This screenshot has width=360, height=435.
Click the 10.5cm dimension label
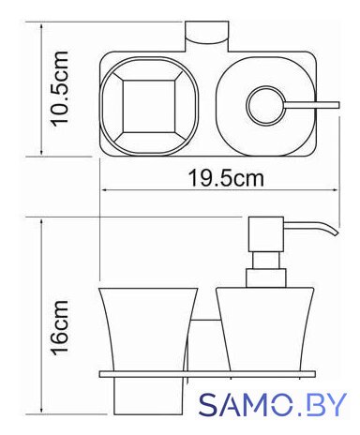[59, 89]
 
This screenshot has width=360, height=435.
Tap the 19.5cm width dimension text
[226, 178]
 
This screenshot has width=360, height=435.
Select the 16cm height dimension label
[59, 328]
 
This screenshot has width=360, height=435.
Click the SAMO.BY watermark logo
[273, 404]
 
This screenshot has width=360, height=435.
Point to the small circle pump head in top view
[265, 106]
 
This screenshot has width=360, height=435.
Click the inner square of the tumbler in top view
[148, 106]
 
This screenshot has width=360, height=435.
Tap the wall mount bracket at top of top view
[207, 37]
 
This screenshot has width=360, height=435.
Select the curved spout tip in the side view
[335, 232]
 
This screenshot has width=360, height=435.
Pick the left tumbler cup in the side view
[148, 329]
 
